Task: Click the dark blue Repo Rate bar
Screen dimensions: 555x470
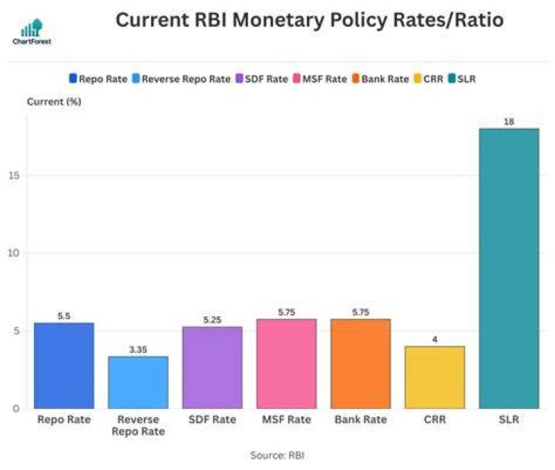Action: tap(64, 366)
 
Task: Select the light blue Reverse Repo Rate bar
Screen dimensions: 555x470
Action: tap(138, 383)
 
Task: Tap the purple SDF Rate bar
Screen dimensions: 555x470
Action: tap(213, 367)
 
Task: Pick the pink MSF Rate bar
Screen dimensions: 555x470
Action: tap(286, 363)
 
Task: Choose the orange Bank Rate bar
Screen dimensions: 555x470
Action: tap(361, 363)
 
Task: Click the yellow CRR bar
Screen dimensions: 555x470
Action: tap(435, 377)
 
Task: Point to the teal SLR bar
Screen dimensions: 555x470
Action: tap(509, 269)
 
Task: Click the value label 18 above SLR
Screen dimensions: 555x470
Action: tap(509, 122)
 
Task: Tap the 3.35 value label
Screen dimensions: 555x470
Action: tap(138, 350)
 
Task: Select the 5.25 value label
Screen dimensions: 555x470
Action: tap(213, 320)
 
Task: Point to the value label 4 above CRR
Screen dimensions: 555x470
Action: tap(435, 340)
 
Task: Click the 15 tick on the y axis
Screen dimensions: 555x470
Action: tap(14, 175)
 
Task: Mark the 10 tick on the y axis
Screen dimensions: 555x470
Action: tap(13, 253)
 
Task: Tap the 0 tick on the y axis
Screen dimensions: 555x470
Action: tap(16, 409)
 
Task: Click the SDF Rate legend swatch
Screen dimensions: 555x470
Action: tap(239, 79)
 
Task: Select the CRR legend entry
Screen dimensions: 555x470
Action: tap(429, 79)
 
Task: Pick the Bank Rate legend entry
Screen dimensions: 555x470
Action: tap(381, 79)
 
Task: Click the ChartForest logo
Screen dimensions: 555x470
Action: tap(32, 32)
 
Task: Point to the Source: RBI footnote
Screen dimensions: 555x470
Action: tap(277, 455)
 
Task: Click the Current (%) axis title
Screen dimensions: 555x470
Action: tap(54, 102)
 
